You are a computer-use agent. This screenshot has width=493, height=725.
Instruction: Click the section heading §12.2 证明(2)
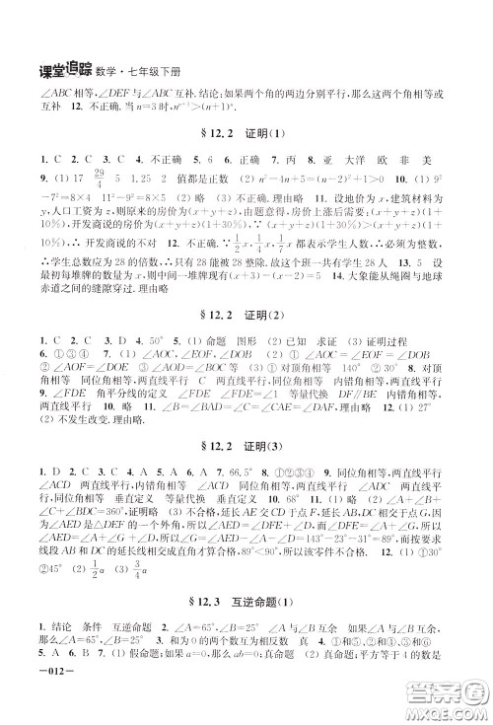[247, 311]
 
